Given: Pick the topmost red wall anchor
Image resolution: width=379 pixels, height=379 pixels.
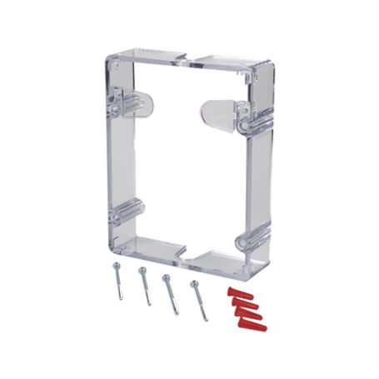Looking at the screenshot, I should pos(232,292).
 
